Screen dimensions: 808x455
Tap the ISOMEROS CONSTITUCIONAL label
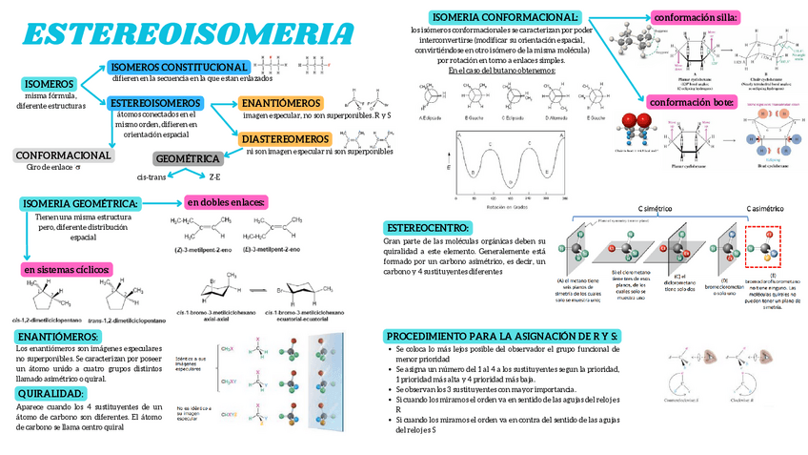coord(178,67)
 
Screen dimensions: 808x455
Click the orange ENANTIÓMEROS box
coord(281,103)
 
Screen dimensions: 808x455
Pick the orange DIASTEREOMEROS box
coord(285,139)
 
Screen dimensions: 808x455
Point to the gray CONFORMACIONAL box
coord(63,155)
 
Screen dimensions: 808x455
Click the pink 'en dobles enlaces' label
coord(226,201)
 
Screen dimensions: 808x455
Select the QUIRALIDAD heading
coord(54,393)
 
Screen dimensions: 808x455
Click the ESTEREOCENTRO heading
coord(428,228)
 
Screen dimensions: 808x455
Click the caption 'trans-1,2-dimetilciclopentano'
coord(127,321)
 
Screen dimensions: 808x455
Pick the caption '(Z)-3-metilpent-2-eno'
coord(203,250)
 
